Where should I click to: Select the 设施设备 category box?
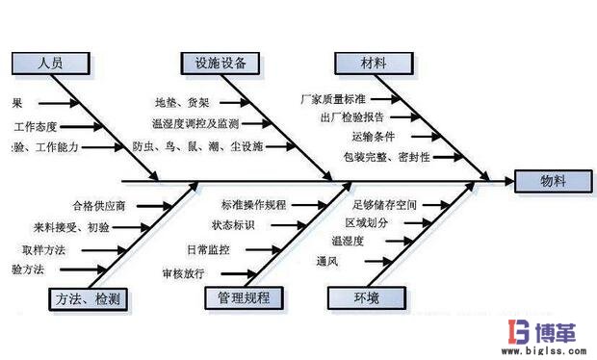tap(221, 64)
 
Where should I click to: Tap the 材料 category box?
tap(374, 64)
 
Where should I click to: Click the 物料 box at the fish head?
tap(553, 181)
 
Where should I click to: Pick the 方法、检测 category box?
tap(88, 299)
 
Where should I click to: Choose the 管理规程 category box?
tap(245, 299)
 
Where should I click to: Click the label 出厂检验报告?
tap(352, 116)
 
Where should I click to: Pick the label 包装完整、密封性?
tap(386, 156)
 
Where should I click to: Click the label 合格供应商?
tap(98, 205)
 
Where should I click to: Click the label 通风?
tap(325, 261)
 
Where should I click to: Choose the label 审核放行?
tap(182, 273)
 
